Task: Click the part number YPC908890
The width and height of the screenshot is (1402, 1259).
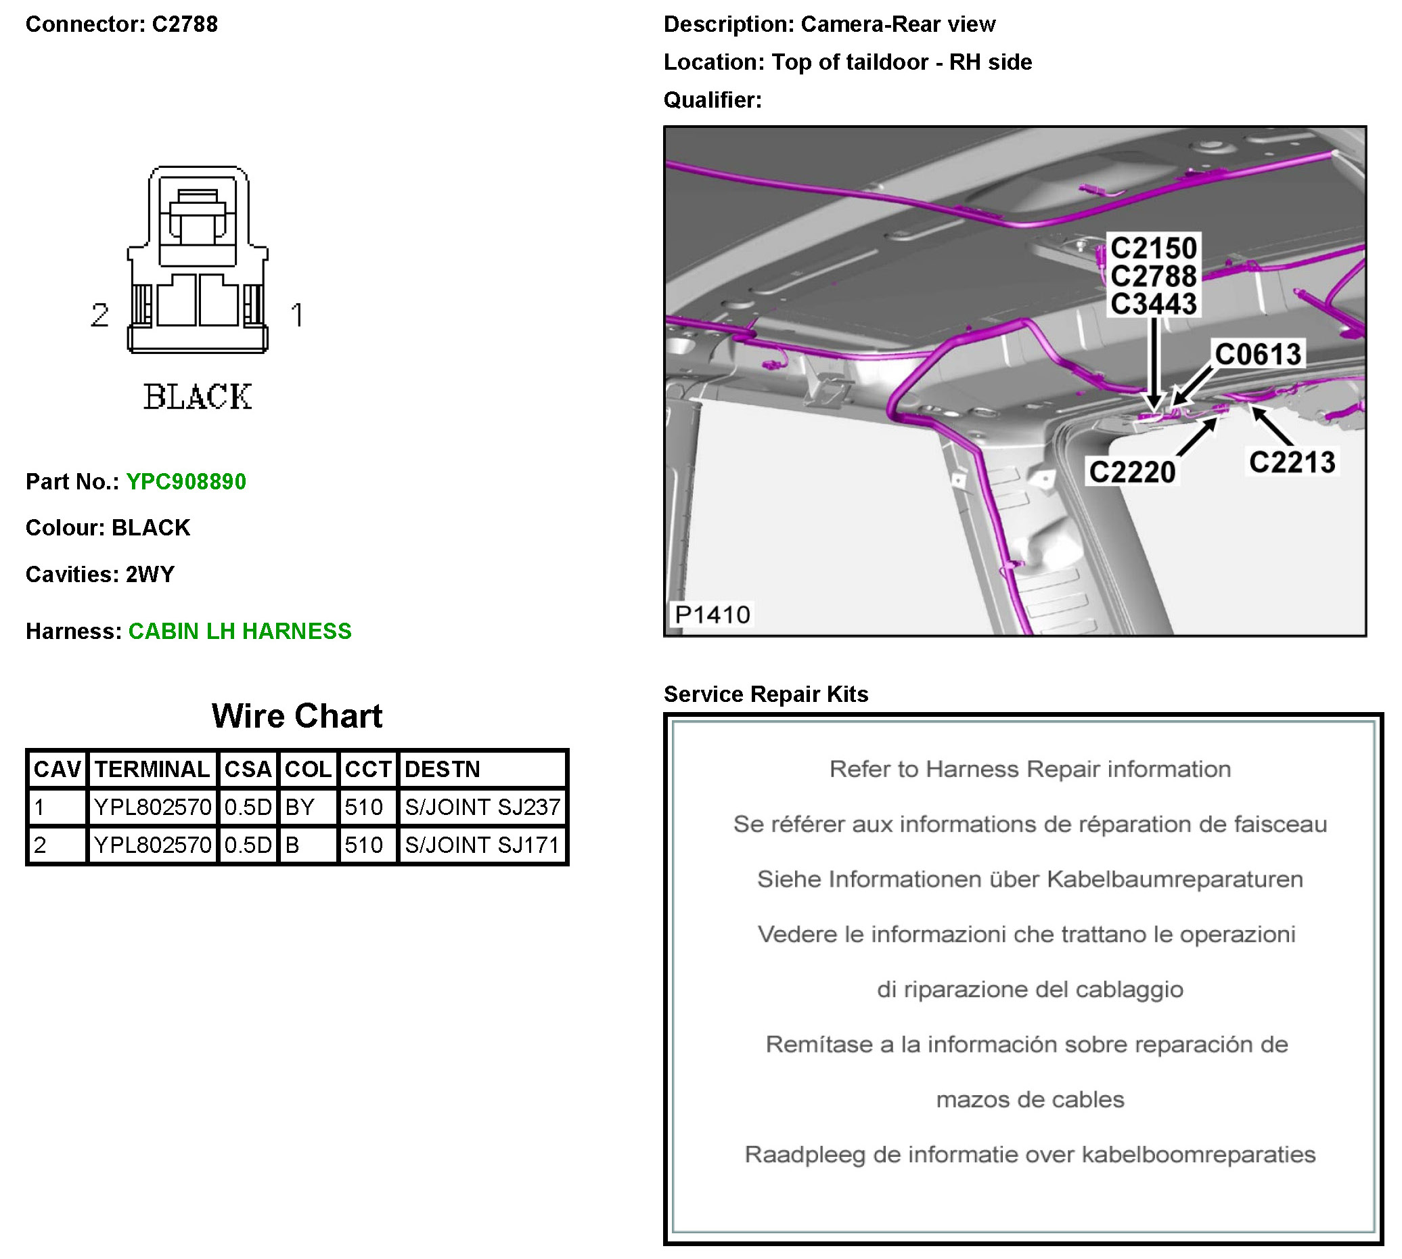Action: coord(185,481)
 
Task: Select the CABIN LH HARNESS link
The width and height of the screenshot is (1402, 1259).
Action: coord(240,631)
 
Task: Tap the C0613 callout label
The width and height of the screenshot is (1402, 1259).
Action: coord(1257,354)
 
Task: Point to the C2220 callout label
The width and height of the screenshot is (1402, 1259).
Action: coord(1131,472)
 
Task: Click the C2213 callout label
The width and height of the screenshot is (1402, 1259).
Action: coord(1291,462)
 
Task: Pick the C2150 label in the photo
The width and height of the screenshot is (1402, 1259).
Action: coord(1153,248)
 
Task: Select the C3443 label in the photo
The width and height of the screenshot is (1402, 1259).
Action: coord(1153,304)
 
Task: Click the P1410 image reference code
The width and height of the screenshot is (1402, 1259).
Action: coord(712,615)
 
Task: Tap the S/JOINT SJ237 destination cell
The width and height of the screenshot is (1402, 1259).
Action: coord(482,807)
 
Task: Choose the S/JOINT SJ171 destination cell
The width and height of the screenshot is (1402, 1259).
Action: coord(482,845)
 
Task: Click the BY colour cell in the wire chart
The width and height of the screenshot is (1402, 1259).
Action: coord(300,807)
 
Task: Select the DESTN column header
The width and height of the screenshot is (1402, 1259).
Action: coord(442,769)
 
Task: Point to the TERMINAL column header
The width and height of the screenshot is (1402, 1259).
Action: coord(152,769)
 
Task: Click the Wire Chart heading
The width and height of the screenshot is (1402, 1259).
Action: coord(297,716)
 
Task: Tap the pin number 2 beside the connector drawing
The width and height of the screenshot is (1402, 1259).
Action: coord(99,315)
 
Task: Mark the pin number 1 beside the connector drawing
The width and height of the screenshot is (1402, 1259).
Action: coord(298,315)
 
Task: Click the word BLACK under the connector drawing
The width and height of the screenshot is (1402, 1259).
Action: coord(198,397)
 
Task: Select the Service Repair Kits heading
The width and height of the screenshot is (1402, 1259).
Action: coord(766,694)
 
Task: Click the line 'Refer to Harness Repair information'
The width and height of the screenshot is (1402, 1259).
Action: coord(1029,769)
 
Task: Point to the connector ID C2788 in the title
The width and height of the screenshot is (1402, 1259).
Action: coord(185,24)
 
